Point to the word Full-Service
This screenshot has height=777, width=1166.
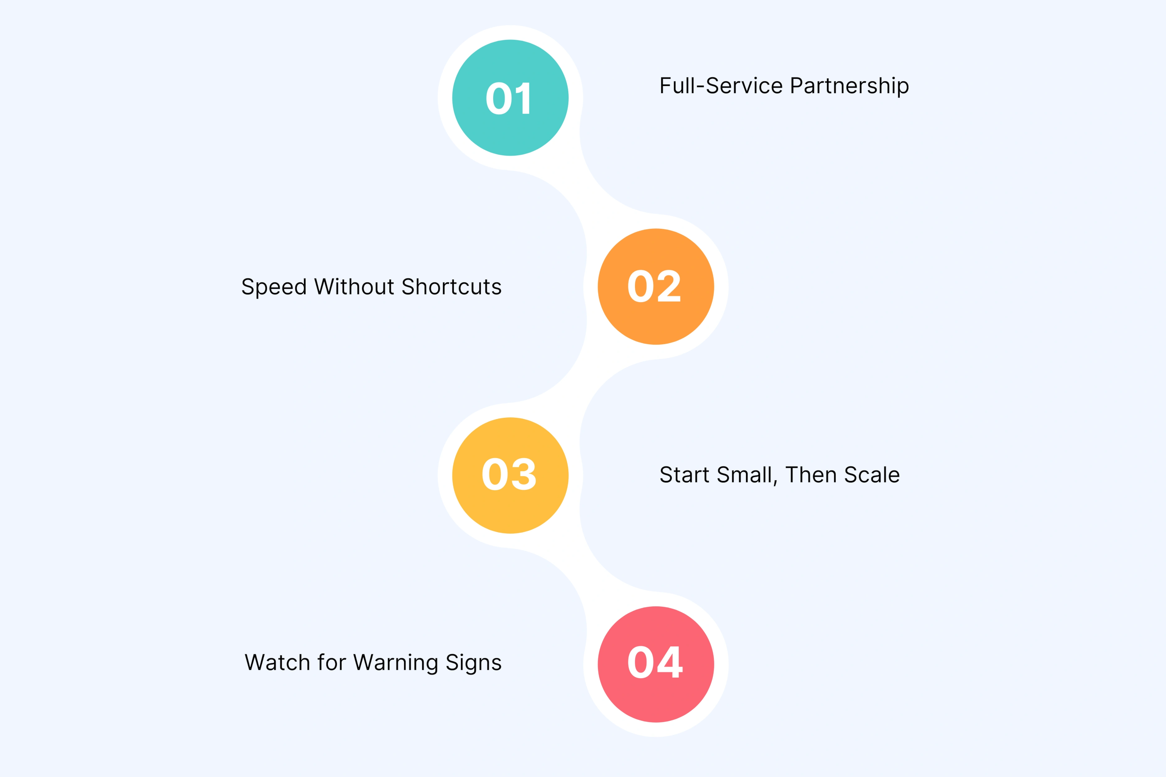(721, 85)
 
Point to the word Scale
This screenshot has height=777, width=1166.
(872, 475)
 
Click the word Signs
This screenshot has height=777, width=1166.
(474, 663)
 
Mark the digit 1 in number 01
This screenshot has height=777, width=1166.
(524, 98)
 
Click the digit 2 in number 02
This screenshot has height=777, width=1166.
(669, 286)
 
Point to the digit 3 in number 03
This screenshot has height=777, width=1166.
(524, 474)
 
